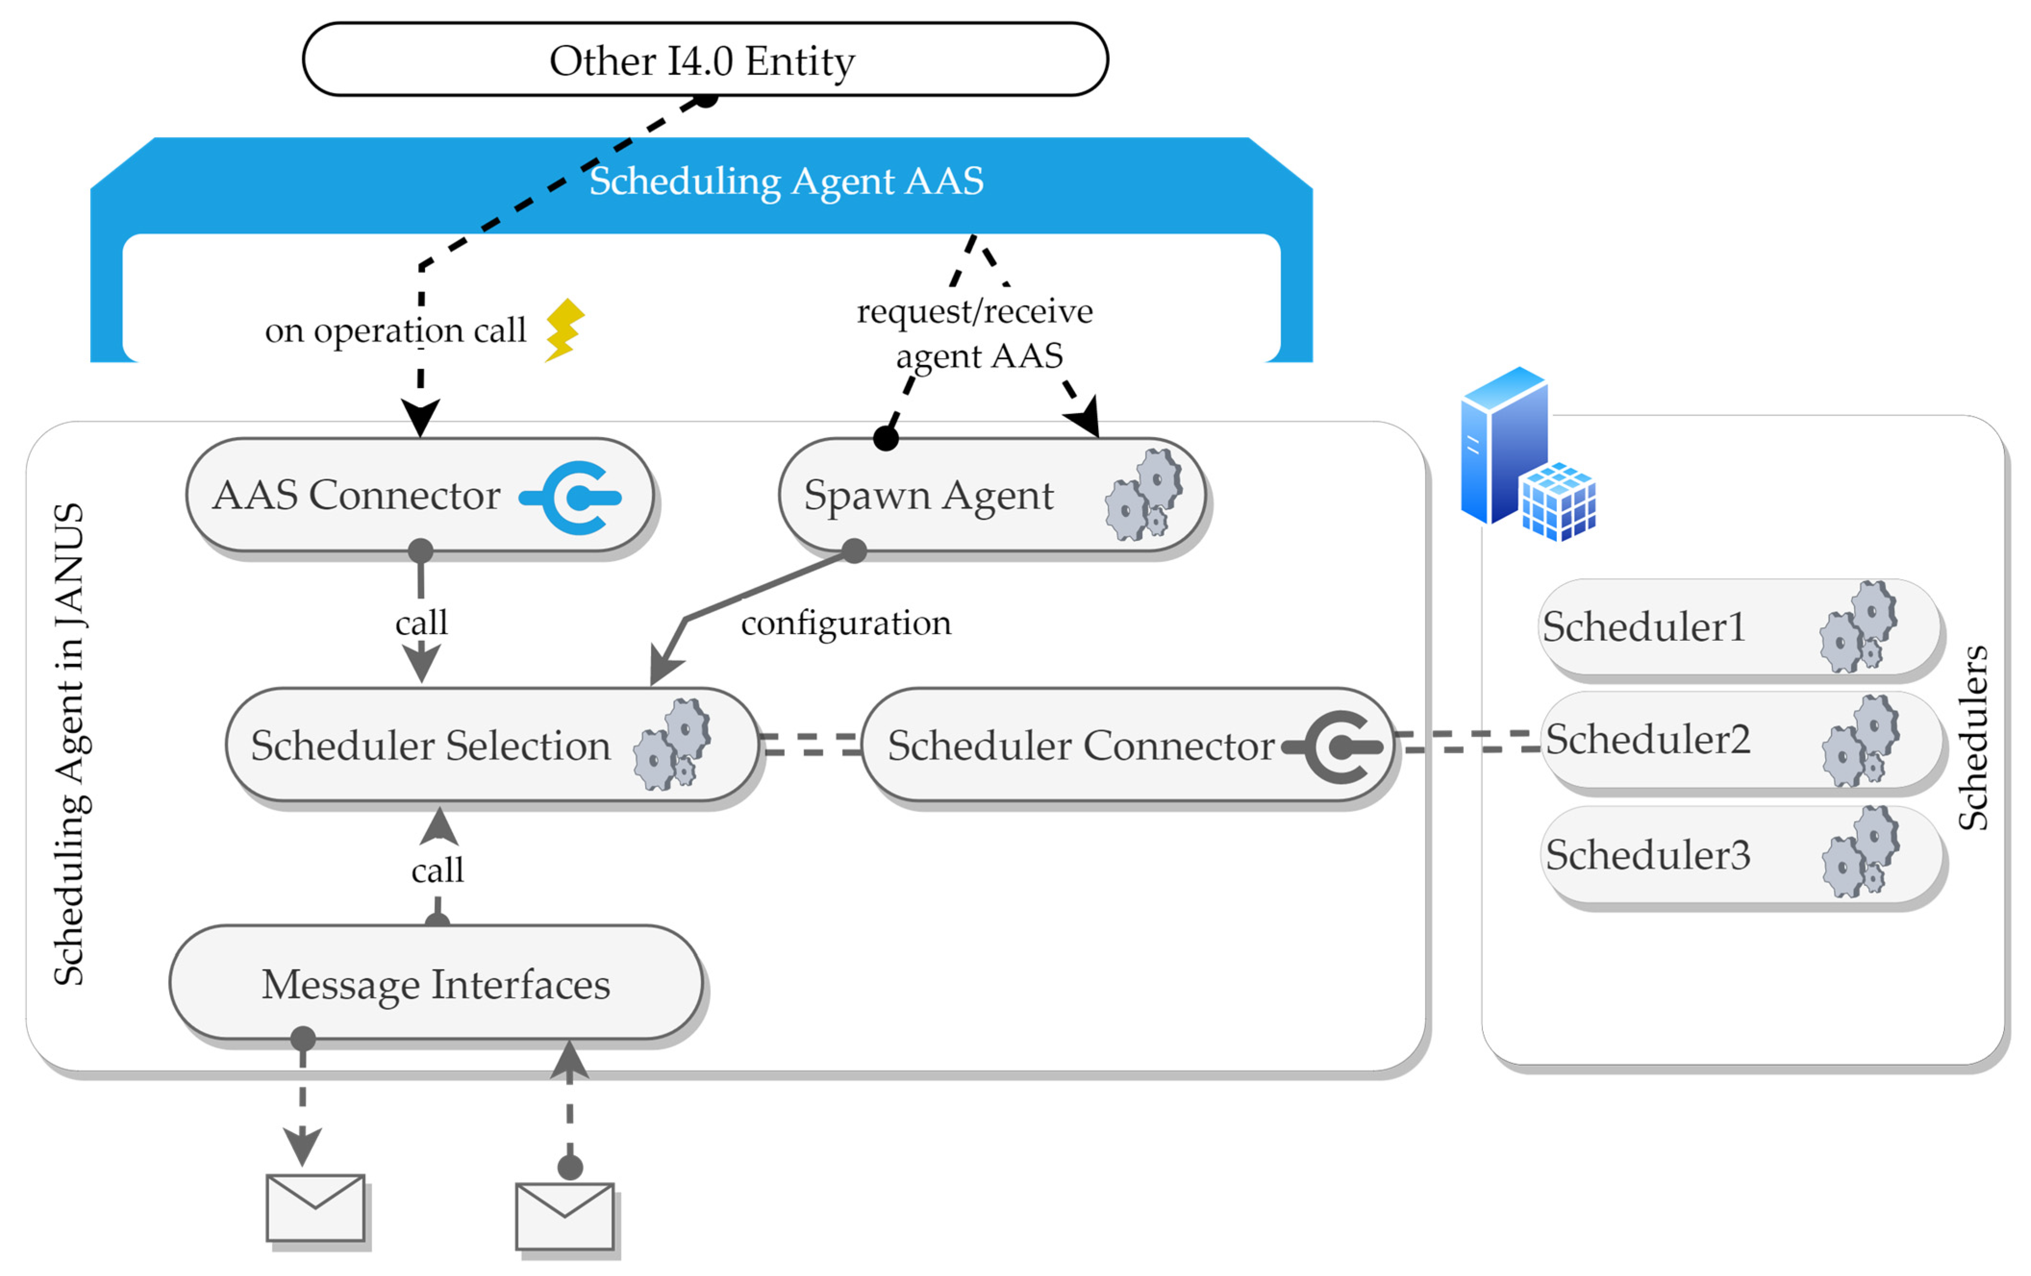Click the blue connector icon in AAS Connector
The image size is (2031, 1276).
point(574,498)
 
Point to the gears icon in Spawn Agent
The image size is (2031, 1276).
point(1144,495)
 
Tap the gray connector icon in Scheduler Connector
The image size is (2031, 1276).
point(1337,746)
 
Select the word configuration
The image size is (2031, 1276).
point(845,623)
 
